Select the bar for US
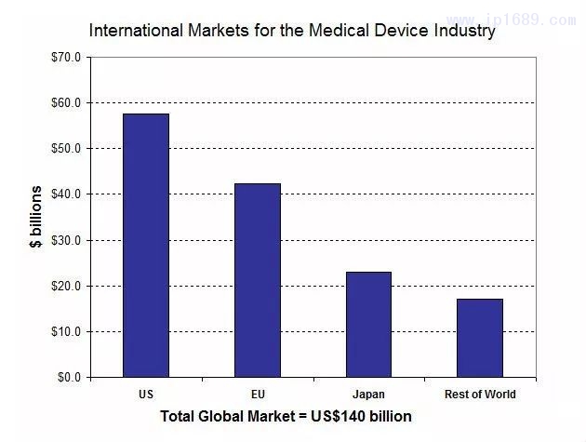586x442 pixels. pyautogui.click(x=146, y=246)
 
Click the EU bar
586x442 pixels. pyautogui.click(x=258, y=280)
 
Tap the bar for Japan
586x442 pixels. pyautogui.click(x=368, y=325)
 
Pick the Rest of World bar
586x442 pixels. pyautogui.click(x=480, y=338)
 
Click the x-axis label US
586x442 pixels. pyautogui.click(x=146, y=395)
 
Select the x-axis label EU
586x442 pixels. pyautogui.click(x=258, y=395)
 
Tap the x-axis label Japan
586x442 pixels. pyautogui.click(x=368, y=395)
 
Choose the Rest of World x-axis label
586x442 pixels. pyautogui.click(x=480, y=395)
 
